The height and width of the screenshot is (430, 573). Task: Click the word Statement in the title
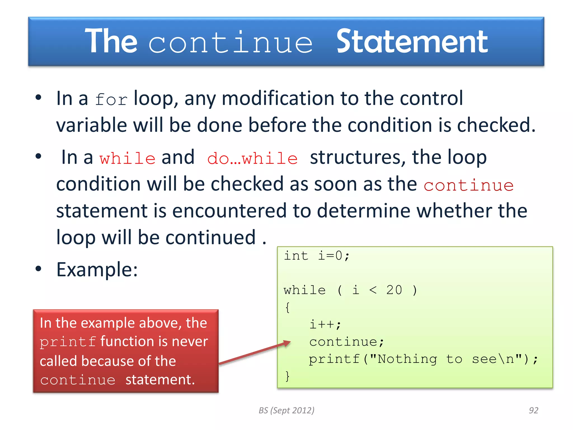point(412,42)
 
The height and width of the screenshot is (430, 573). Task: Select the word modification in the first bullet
point(278,99)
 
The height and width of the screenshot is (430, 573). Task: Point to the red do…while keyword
point(252,158)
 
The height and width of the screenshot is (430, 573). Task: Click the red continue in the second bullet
point(468,185)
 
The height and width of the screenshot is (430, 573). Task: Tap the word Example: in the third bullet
point(97,270)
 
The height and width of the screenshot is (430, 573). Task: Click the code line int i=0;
point(316,256)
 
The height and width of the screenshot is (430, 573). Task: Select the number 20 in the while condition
point(394,290)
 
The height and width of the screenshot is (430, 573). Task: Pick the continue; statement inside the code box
point(346,342)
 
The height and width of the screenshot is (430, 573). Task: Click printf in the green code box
point(334,359)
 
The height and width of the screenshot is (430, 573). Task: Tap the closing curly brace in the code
point(287,376)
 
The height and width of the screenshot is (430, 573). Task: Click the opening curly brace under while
point(287,307)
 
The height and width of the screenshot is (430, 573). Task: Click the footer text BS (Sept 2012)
point(286,410)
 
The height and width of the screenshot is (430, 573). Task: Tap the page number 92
point(533,410)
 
